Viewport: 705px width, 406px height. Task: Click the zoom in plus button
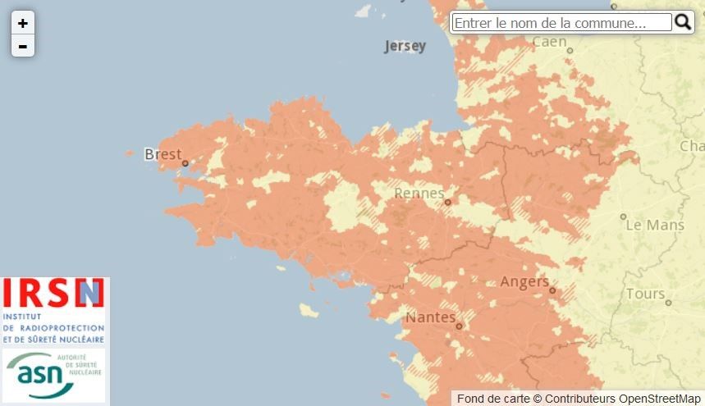22,23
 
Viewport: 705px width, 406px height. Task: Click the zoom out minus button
22,46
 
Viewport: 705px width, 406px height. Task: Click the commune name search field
561,23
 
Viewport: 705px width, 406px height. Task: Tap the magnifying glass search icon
683,22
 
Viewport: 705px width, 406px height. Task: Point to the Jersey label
405,46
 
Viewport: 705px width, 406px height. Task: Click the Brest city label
162,154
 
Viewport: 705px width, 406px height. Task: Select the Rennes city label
419,194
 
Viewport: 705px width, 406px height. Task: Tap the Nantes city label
431,317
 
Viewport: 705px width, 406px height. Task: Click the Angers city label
524,282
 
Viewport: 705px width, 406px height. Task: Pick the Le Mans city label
654,224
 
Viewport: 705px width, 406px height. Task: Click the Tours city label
645,294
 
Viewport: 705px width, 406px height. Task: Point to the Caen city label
549,42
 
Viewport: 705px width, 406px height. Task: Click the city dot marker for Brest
185,163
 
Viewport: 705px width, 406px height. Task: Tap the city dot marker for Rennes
447,202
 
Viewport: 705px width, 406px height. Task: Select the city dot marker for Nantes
460,326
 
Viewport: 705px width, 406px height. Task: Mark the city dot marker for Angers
553,290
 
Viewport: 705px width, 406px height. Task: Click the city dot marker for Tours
669,303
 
